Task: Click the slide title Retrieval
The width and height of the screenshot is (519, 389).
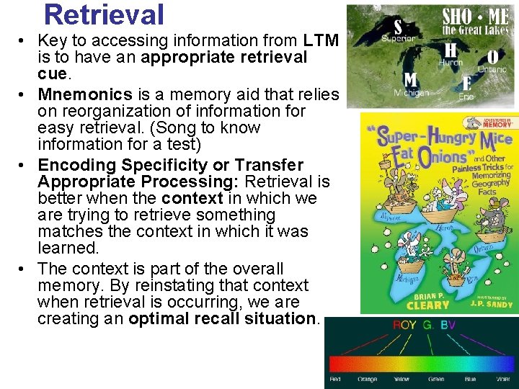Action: [x=104, y=14]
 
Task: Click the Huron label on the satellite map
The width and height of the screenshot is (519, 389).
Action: [x=451, y=63]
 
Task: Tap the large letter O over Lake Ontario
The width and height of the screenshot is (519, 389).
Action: [x=492, y=56]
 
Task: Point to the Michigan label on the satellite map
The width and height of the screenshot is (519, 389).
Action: [x=411, y=92]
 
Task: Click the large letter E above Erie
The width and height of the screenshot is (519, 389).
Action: [x=467, y=82]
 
